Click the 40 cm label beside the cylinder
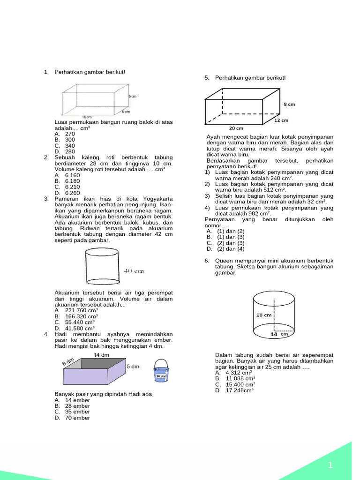(x=134, y=271)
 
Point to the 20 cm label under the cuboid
(x=236, y=128)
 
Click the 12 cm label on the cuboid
(x=281, y=120)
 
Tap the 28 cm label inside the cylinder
(x=264, y=315)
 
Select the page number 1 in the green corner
(x=330, y=465)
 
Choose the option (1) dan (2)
(x=231, y=231)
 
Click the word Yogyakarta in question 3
(x=151, y=199)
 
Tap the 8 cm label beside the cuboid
(x=289, y=105)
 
